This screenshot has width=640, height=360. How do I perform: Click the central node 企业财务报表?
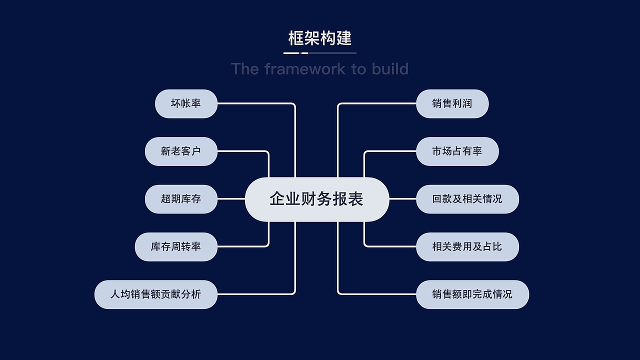tap(316, 199)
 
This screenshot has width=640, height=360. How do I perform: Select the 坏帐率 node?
tap(186, 103)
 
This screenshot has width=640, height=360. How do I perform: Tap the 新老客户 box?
tap(181, 151)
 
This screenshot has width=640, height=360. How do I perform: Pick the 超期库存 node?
tap(181, 199)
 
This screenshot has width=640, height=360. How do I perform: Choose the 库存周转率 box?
tap(176, 246)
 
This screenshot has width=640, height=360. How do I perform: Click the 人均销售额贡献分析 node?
tap(155, 294)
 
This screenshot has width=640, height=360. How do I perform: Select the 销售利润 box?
tap(452, 103)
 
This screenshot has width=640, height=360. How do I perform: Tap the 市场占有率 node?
tap(457, 151)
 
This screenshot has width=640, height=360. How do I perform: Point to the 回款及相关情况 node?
tap(467, 199)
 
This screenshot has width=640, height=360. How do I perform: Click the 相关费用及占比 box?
tap(467, 246)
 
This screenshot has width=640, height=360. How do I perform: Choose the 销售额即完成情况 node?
tap(472, 294)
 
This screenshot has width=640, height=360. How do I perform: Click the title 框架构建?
tap(320, 38)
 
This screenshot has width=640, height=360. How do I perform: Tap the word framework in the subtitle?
tap(305, 68)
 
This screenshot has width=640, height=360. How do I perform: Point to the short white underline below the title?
tap(291, 53)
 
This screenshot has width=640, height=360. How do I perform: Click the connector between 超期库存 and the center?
tap(231, 199)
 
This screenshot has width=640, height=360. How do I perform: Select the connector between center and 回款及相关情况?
tap(402, 199)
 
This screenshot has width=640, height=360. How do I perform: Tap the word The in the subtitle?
tap(244, 68)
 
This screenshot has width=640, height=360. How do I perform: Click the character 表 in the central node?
tap(356, 199)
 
